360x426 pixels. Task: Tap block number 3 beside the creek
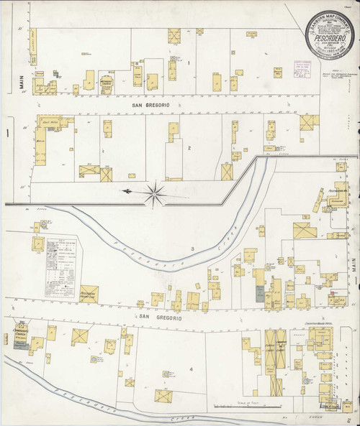click(193, 249)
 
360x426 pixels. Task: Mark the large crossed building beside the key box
click(89, 294)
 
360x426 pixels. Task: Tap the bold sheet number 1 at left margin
click(6, 134)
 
